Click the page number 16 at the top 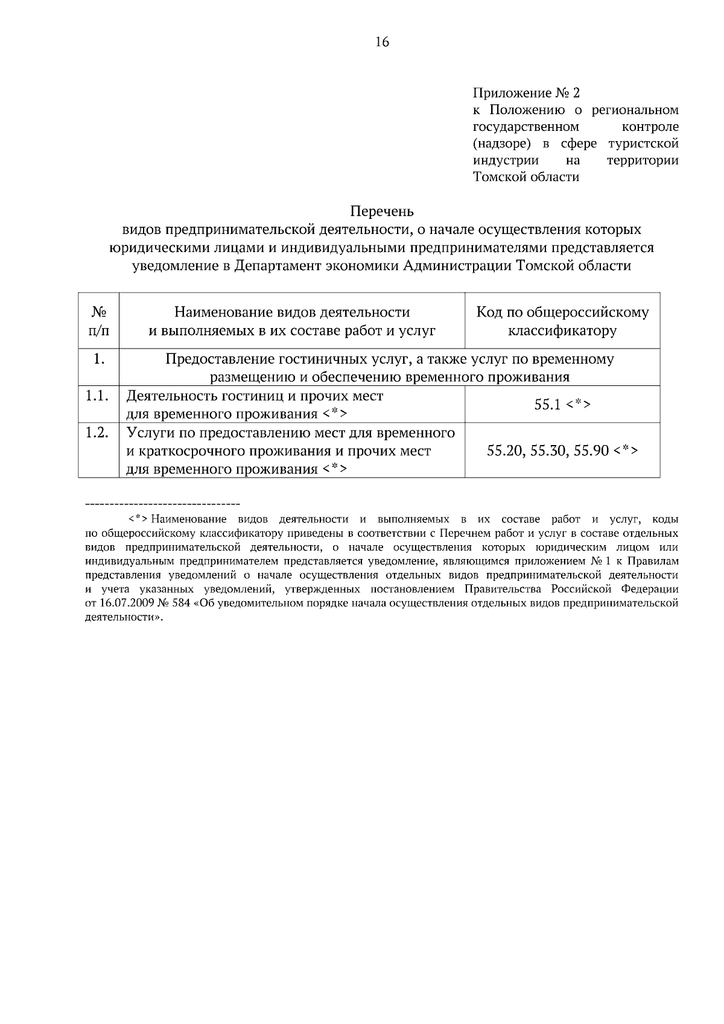tap(382, 42)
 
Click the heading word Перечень tap(382, 212)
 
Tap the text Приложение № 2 tap(526, 93)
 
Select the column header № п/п tap(99, 321)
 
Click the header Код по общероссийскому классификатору tap(562, 321)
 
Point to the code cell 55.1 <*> tap(562, 405)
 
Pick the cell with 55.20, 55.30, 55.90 tap(562, 450)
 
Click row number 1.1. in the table tap(97, 397)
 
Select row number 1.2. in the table tap(97, 433)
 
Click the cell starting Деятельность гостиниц tap(255, 405)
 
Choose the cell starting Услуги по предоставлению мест tap(290, 450)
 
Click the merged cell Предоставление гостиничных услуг tap(390, 368)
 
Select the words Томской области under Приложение tap(526, 177)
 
